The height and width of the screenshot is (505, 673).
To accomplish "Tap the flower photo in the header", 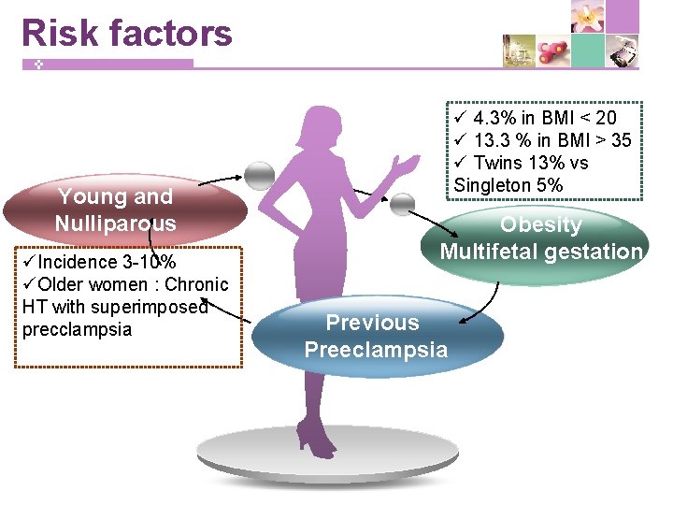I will [x=588, y=18].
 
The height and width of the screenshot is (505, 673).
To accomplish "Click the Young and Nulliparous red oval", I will [x=116, y=210].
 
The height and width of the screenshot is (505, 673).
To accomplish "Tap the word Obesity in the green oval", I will [x=540, y=225].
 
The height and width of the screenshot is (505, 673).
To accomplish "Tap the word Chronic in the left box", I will [x=195, y=284].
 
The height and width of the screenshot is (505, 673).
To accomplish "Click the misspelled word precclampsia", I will [x=78, y=330].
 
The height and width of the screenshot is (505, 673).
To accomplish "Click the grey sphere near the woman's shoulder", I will [x=259, y=175].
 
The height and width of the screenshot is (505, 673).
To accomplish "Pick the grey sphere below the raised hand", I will [x=402, y=203].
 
